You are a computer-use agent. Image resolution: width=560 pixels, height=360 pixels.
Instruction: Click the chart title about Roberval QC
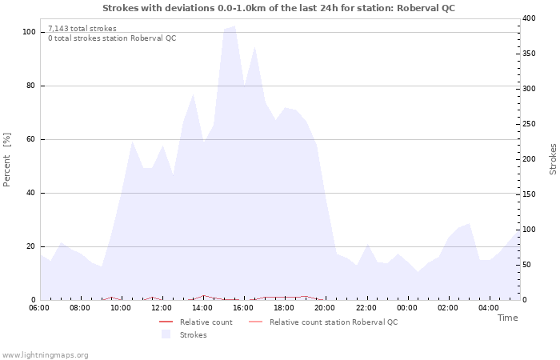click(278, 8)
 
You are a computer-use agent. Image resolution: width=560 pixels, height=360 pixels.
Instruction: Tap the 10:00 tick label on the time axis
click(121, 307)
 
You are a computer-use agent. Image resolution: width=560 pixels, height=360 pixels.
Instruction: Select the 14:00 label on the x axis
click(202, 307)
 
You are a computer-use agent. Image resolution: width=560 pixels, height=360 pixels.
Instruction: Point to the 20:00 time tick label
click(325, 307)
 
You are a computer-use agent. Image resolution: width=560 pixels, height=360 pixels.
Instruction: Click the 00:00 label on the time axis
click(406, 307)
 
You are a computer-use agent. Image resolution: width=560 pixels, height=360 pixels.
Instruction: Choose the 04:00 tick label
click(488, 307)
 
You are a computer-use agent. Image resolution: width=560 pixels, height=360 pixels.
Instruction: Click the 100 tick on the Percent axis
click(29, 32)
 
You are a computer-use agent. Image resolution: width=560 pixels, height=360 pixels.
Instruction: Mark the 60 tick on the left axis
click(31, 139)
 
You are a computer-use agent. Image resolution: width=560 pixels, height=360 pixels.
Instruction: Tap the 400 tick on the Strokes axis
click(529, 18)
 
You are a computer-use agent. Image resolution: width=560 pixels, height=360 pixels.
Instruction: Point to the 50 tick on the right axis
click(526, 265)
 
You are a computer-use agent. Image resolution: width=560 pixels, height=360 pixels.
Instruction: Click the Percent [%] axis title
click(7, 159)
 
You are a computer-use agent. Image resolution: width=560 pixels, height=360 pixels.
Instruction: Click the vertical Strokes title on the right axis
click(553, 159)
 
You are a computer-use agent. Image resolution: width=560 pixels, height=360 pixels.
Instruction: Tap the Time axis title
click(507, 318)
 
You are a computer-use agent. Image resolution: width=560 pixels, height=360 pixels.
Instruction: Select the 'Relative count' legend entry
click(206, 322)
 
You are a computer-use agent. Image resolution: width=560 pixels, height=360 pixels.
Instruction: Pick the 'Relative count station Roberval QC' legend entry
click(333, 322)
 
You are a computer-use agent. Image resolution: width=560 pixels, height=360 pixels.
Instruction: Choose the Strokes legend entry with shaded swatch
click(193, 335)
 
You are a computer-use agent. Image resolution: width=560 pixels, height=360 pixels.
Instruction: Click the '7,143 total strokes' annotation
click(82, 29)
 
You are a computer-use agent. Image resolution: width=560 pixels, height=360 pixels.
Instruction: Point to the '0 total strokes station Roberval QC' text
click(112, 38)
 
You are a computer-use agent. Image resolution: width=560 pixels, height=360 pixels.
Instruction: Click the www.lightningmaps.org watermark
click(45, 354)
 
